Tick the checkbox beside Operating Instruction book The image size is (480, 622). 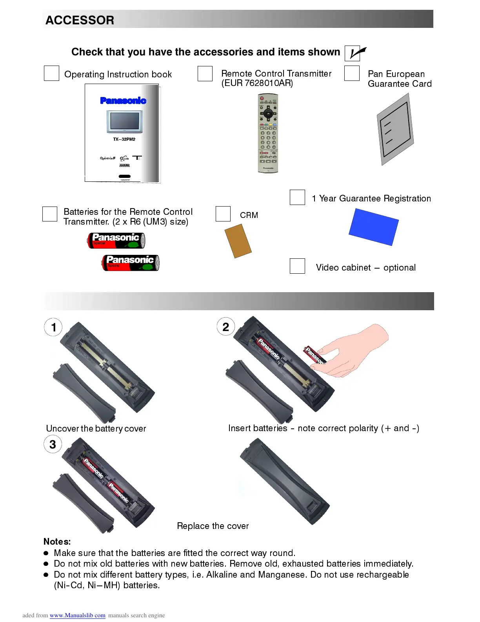pos(51,73)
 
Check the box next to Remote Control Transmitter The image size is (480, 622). pos(205,73)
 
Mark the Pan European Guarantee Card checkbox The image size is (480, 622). pos(352,73)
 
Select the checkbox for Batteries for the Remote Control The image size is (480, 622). pos(50,214)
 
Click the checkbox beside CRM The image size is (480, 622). pos(223,214)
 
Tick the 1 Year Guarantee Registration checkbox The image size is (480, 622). pos(297,197)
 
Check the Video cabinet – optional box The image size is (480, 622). pos(297,266)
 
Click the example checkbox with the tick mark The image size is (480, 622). pos(353,53)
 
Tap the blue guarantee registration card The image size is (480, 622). pos(373,227)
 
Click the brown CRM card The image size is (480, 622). pos(238,241)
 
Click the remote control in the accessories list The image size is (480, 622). pos(268,133)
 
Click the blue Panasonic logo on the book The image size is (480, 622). pos(123,101)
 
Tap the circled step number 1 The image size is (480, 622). pos(53,327)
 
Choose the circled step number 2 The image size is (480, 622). pos(226,327)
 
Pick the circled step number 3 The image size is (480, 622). pos(53,445)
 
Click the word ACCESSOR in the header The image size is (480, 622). pos(80,20)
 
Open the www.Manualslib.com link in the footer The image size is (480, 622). pos(77,615)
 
